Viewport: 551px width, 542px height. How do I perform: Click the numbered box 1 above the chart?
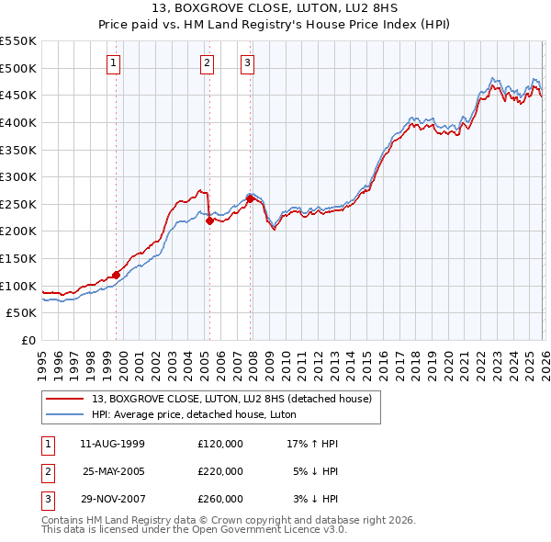coord(113,63)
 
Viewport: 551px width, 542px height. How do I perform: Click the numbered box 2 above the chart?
coord(207,63)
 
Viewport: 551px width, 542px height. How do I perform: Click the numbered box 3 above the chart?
coord(248,63)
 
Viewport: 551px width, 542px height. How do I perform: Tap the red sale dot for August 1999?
coord(117,274)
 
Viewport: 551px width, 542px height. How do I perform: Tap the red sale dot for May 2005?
coord(209,220)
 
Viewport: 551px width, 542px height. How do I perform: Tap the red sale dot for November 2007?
coord(250,198)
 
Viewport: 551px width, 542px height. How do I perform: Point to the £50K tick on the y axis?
coord(22,313)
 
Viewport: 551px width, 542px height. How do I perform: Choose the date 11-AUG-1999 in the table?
coord(113,444)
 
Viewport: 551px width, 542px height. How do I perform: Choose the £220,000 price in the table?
coord(220,470)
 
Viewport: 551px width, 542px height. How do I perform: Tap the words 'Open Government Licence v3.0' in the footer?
coord(266,529)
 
